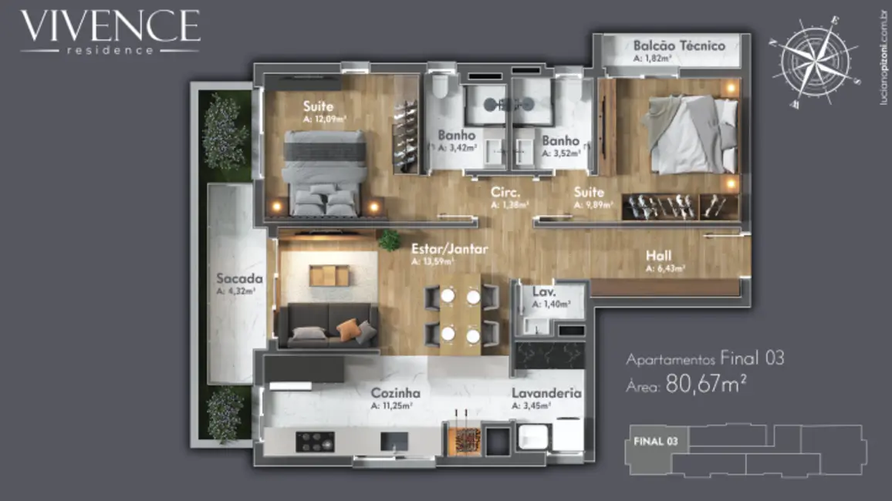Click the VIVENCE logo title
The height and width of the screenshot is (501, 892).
pyautogui.click(x=110, y=26)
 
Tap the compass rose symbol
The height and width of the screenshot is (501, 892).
pyautogui.click(x=816, y=61)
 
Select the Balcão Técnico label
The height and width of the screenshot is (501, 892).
pyautogui.click(x=678, y=45)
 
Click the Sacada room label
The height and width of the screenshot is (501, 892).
pyautogui.click(x=240, y=278)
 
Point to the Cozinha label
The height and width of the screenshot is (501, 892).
pyautogui.click(x=395, y=392)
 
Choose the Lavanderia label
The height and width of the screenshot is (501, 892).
pyautogui.click(x=546, y=392)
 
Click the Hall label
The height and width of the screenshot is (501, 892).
pyautogui.click(x=659, y=256)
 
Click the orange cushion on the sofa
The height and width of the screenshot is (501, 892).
pyautogui.click(x=347, y=329)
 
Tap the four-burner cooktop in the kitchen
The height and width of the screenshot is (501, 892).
pyautogui.click(x=316, y=442)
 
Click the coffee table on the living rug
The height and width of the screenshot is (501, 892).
pyautogui.click(x=329, y=275)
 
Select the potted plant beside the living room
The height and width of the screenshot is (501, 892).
pyautogui.click(x=389, y=240)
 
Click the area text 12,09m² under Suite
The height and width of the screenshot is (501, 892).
pyautogui.click(x=325, y=119)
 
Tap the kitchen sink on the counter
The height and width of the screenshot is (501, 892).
pyautogui.click(x=394, y=441)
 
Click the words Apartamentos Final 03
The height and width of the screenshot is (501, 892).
pyautogui.click(x=704, y=358)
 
